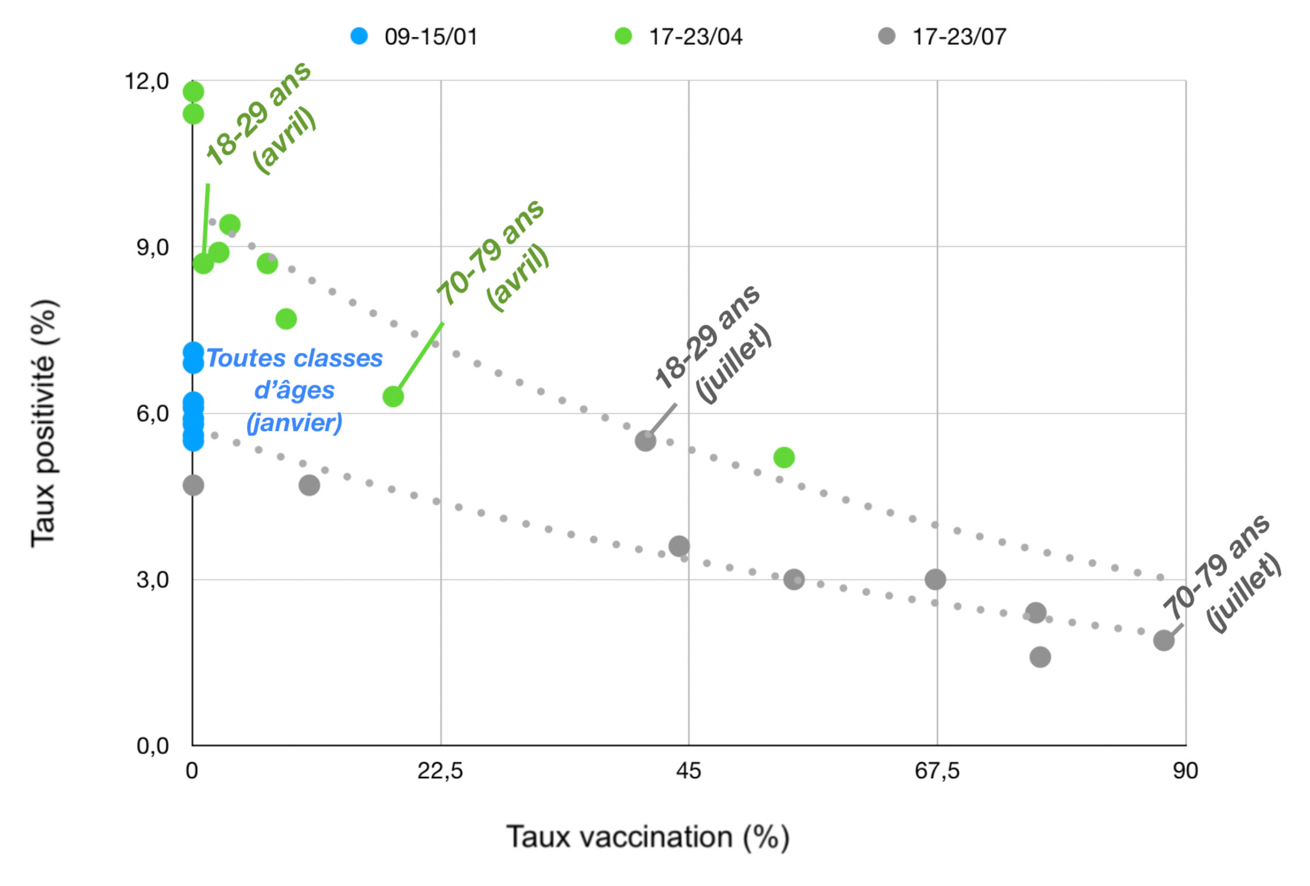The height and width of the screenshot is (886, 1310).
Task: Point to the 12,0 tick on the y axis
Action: (146, 81)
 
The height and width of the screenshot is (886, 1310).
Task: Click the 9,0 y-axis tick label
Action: (152, 247)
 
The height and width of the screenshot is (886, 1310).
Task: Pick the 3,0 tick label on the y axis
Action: (152, 579)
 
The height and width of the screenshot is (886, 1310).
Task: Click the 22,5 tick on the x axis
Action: (440, 770)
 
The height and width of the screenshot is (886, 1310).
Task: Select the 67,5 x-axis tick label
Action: (937, 770)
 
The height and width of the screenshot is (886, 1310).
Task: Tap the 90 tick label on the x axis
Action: (1185, 770)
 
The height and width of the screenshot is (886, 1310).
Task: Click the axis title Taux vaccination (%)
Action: (648, 837)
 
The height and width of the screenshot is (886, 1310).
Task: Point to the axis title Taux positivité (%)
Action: (45, 423)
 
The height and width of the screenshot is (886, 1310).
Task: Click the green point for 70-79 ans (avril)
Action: (393, 396)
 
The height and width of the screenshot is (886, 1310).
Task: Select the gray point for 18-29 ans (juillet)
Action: (645, 441)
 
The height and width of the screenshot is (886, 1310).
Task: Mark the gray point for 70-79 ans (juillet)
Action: (1164, 641)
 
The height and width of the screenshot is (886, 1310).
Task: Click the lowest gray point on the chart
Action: (1040, 657)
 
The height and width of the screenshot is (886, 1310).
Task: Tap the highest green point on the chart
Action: (193, 92)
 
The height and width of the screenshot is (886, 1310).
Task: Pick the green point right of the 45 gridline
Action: (784, 457)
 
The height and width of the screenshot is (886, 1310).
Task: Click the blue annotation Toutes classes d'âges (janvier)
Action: (294, 391)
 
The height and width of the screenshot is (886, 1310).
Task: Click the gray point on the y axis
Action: (193, 485)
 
